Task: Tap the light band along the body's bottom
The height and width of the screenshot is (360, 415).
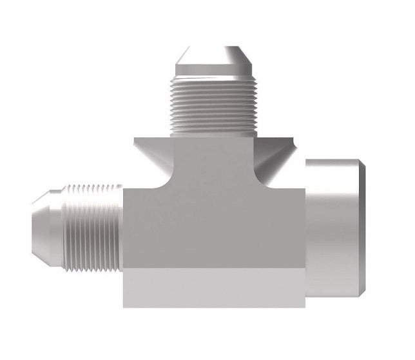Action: tap(213, 287)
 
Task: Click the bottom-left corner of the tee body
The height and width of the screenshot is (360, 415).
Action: tap(125, 305)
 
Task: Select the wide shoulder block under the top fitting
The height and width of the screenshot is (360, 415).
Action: tap(212, 152)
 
